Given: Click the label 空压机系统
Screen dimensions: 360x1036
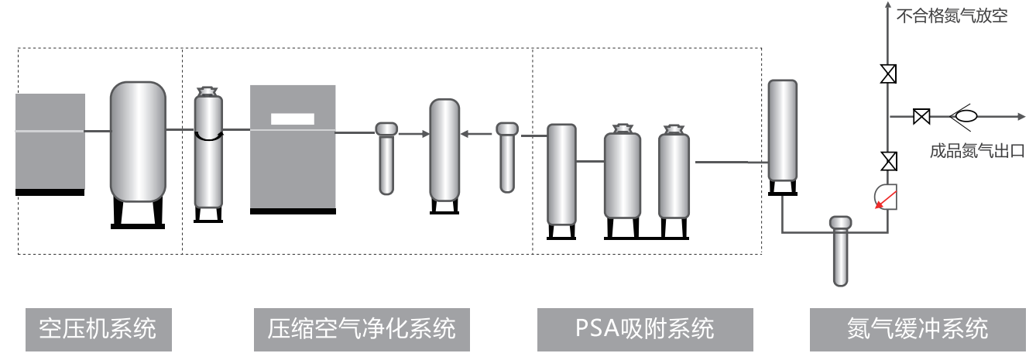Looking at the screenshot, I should [98, 329].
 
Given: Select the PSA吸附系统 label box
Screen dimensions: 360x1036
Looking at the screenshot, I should [645, 329].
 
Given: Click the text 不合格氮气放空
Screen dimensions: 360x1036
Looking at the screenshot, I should [952, 16].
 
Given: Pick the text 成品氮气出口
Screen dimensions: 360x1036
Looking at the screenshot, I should [977, 151].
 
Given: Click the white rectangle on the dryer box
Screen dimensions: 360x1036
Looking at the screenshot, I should [292, 119].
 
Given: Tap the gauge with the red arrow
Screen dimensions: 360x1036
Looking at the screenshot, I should [886, 196].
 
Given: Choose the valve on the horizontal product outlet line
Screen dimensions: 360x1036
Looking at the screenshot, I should [921, 117].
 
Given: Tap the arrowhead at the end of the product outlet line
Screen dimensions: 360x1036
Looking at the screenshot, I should [1020, 117].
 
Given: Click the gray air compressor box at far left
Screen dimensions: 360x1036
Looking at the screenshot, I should [50, 142].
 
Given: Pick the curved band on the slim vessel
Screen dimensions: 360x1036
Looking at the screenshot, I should [208, 136].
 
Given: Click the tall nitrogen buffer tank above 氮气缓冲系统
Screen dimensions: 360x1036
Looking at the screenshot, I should [782, 132].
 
